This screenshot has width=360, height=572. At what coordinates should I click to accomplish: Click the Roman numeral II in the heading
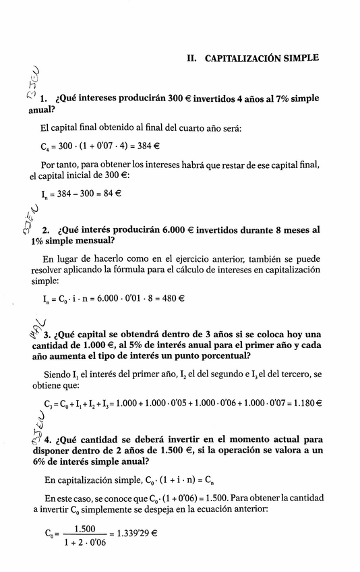192,58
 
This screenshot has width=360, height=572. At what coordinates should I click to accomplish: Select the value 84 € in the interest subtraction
108,194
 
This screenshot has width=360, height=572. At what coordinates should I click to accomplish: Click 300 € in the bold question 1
179,98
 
